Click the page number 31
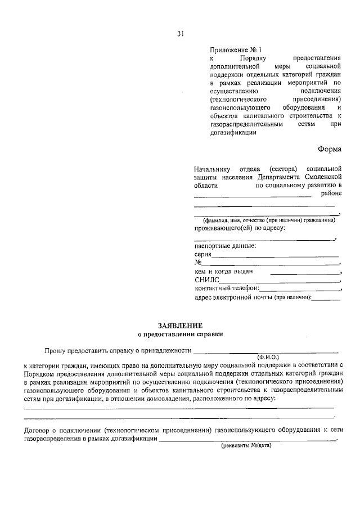tap(180, 34)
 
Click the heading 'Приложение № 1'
tap(229, 50)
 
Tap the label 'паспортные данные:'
tap(225, 246)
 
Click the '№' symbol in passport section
tap(198, 263)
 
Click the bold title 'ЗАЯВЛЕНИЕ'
tap(180, 325)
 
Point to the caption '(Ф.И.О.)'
tap(268, 357)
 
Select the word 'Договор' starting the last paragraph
tap(37, 430)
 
